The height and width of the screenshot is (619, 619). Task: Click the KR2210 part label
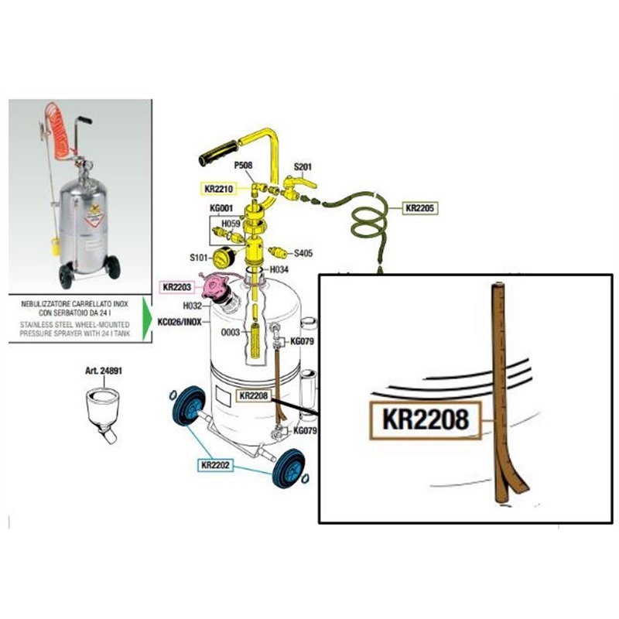tap(219, 188)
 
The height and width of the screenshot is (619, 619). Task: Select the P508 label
tap(243, 165)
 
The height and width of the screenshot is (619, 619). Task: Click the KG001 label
tap(221, 209)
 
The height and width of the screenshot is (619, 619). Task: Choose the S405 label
tap(304, 252)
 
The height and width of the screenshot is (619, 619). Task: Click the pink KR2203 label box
tap(177, 286)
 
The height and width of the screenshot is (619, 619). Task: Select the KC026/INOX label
tap(180, 320)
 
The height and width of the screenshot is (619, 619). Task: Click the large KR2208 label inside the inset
tap(426, 420)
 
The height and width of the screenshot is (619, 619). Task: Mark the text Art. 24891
tap(103, 371)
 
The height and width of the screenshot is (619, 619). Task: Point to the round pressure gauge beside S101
tap(225, 258)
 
